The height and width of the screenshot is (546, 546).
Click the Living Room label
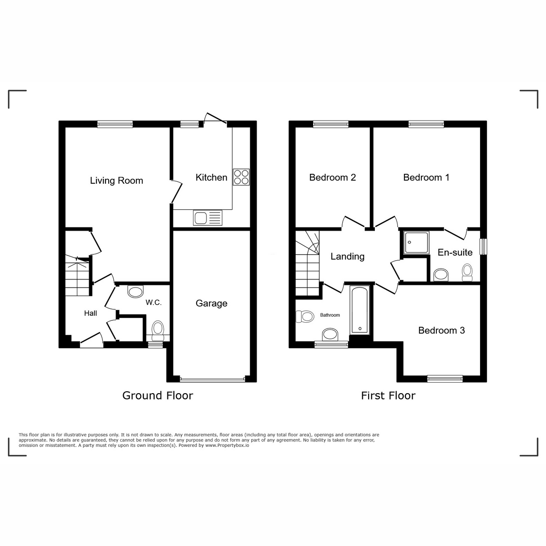click(x=116, y=181)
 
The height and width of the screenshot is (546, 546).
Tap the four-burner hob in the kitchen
click(x=241, y=177)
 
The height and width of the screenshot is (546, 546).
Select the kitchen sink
click(x=208, y=217)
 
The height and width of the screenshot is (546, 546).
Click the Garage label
click(x=211, y=303)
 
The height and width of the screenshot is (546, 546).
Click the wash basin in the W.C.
click(x=135, y=291)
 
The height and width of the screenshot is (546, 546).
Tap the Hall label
click(x=91, y=313)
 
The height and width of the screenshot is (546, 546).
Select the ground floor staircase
click(x=77, y=278)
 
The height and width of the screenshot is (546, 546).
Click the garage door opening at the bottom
click(x=212, y=379)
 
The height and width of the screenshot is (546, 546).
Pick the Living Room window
click(x=115, y=123)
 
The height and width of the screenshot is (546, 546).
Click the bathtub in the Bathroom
click(x=360, y=309)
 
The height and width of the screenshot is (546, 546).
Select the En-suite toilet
click(x=467, y=272)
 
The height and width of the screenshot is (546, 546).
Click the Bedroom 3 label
click(x=441, y=330)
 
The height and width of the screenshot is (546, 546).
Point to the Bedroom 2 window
click(x=331, y=123)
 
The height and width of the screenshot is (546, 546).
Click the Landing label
click(x=347, y=257)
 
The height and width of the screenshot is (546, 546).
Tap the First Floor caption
click(x=388, y=396)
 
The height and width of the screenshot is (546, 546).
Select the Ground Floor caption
click(x=157, y=396)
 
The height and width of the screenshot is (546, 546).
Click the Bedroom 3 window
click(x=445, y=378)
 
